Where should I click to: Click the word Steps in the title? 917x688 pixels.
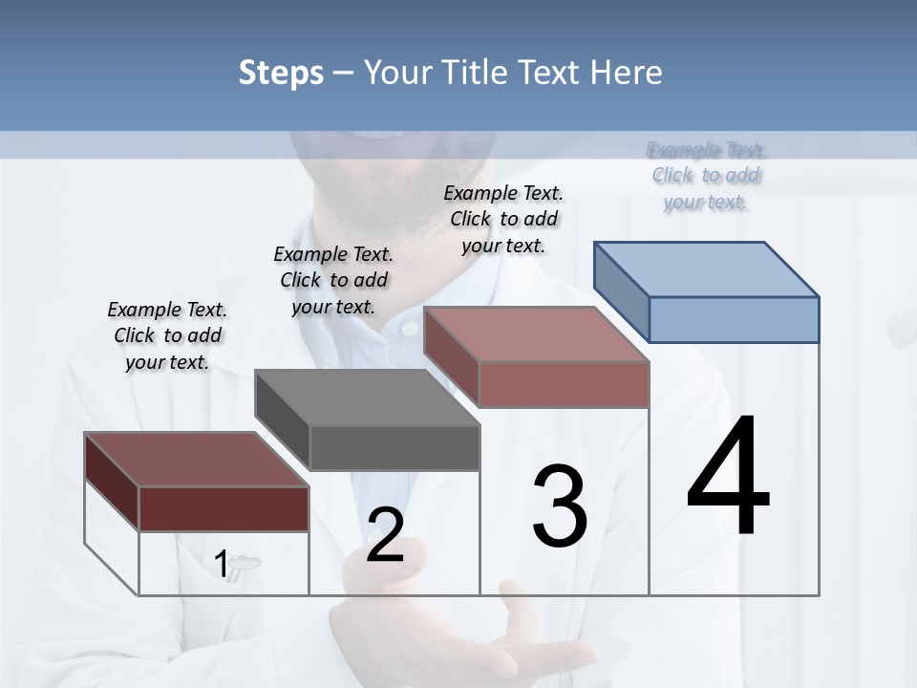point(281,73)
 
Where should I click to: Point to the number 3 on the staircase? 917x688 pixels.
point(560,506)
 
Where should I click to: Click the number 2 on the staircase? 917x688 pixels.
point(385,535)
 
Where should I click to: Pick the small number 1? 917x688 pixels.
point(222,565)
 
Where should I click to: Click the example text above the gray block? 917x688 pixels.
point(333,280)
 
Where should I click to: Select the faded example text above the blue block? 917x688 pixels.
point(706,176)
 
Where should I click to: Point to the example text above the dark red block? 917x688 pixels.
point(167,335)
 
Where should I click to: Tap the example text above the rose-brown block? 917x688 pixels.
point(503,219)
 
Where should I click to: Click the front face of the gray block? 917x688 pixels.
point(395,447)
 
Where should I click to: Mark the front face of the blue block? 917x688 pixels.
point(734,319)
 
